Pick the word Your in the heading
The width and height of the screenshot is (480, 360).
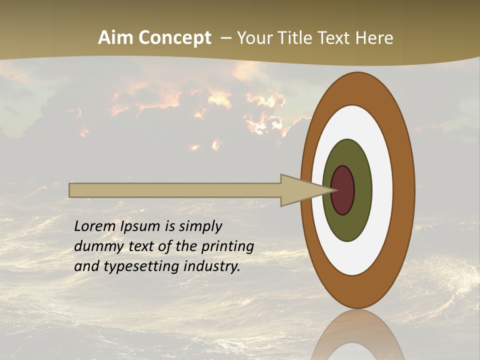(x=255, y=38)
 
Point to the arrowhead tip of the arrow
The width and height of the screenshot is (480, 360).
(x=334, y=190)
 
